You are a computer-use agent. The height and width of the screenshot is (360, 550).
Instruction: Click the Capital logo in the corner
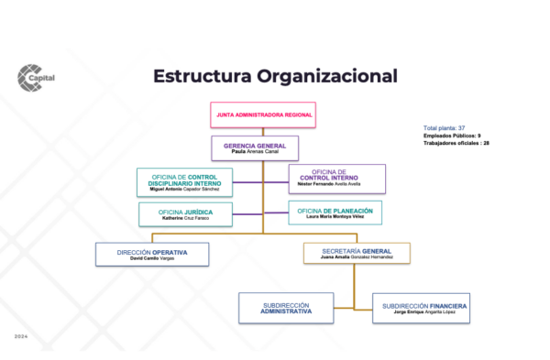[36, 77]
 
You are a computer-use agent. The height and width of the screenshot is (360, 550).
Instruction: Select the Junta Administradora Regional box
[263, 115]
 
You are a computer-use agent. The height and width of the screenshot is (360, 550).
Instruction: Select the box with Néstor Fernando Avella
[336, 179]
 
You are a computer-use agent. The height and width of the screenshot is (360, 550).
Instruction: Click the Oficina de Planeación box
[335, 213]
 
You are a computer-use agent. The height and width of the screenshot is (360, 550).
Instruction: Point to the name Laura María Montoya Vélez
[335, 218]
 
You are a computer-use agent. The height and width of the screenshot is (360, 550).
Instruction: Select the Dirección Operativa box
[152, 254]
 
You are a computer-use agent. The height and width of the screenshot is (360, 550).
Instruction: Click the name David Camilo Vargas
[152, 259]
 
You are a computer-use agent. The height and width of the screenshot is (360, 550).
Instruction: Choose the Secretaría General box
[357, 254]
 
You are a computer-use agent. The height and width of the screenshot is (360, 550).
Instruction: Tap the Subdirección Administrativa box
[285, 308]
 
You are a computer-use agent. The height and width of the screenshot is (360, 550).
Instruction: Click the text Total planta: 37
[445, 127]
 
